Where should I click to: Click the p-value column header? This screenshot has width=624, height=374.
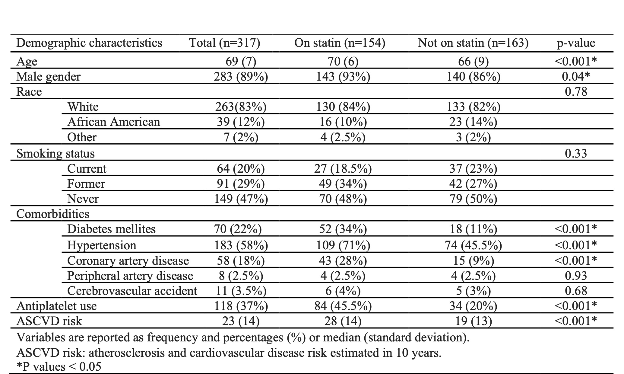575,43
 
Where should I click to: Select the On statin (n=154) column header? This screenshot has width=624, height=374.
340,43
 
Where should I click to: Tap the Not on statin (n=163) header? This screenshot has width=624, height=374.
473,43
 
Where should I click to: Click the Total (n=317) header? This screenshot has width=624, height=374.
224,43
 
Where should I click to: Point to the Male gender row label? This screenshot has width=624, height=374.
48,77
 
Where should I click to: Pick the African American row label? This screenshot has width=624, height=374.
113,122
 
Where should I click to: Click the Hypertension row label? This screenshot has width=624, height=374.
102,245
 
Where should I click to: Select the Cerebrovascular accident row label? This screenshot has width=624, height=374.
132,291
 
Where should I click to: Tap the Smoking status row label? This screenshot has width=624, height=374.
55,154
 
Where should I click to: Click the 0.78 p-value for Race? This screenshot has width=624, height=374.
576,91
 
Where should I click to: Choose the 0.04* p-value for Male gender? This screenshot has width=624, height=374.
576,77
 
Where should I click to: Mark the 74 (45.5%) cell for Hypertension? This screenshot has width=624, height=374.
473,245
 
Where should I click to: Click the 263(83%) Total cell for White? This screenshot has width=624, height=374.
241,107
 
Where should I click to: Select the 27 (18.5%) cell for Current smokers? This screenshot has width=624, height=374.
343,168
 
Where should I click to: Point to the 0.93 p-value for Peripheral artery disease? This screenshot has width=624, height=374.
576,276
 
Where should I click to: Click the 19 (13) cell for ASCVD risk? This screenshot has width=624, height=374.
473,321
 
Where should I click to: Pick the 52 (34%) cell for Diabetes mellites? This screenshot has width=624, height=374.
343,229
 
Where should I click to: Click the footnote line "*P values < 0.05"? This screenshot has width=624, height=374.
59,367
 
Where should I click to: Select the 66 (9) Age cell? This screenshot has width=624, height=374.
473,62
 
